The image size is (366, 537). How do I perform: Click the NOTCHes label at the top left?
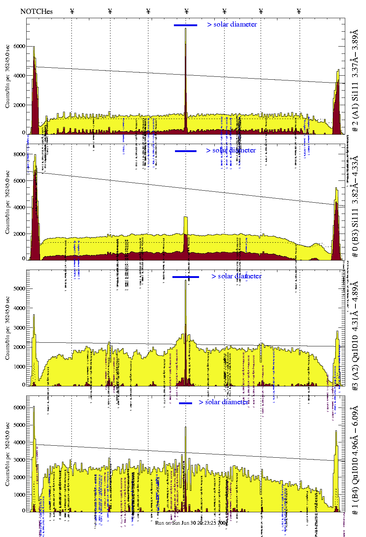36,11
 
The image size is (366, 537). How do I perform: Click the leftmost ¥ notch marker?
72,11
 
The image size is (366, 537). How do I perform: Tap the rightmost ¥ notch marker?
299,11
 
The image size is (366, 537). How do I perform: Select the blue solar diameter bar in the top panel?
186,25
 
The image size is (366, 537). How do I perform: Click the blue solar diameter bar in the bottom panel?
186,403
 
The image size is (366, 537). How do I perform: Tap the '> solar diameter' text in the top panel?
232,24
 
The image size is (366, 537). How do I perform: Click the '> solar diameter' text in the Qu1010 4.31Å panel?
236,276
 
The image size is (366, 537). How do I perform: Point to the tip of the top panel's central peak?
186,28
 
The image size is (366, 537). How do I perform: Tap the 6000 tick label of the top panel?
19,46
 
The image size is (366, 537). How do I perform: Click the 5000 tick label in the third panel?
19,289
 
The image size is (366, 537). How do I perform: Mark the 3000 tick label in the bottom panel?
19,460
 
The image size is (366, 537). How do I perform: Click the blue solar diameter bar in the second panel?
186,151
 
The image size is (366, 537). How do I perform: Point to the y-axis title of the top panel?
7,76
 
